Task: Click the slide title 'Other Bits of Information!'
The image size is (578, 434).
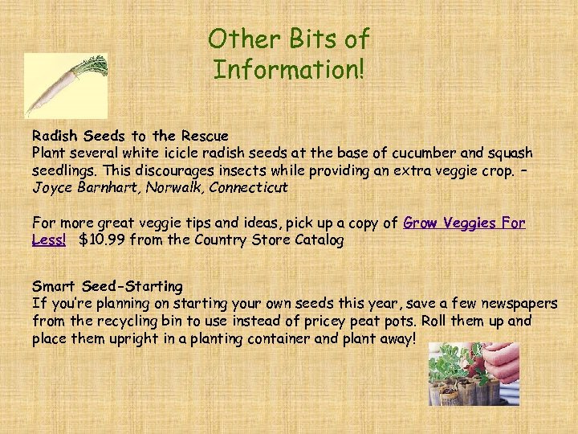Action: pos(288,54)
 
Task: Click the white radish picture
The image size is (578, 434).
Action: pos(65,85)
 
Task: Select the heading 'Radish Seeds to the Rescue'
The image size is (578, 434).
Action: pos(130,136)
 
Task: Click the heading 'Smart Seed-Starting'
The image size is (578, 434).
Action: pos(108,286)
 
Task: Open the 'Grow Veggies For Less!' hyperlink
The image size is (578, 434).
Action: pos(464,223)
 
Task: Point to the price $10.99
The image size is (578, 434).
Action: pos(101,240)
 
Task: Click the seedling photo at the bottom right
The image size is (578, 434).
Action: pos(474,374)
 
